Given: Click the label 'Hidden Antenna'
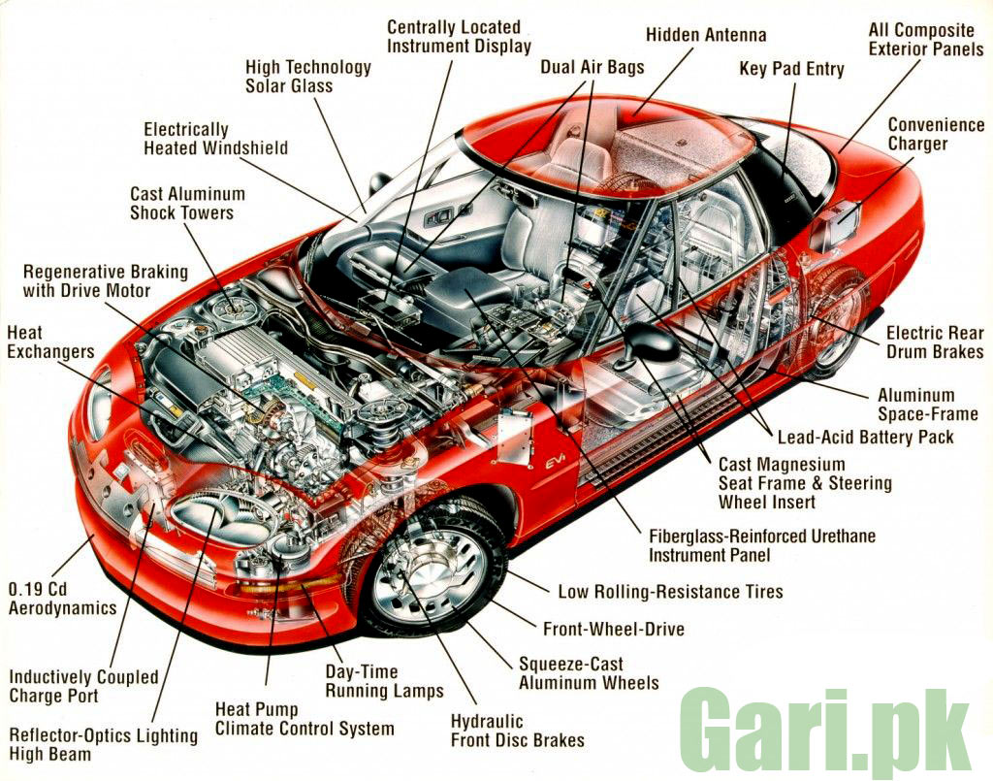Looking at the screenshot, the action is [706, 35].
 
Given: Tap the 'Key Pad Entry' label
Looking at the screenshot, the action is [791, 69].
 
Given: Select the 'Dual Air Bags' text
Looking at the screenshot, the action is [593, 67].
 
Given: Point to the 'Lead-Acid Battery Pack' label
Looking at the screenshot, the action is [865, 437].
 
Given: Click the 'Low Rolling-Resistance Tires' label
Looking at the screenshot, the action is [670, 592].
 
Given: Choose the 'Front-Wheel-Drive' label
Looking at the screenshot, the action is [614, 629].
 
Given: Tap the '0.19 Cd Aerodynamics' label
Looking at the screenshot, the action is [62, 599].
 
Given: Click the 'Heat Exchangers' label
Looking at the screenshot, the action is [50, 342].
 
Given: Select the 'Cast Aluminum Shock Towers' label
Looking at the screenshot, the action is [187, 204].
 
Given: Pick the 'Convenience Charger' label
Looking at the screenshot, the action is [936, 134].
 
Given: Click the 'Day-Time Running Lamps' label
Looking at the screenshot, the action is [384, 681].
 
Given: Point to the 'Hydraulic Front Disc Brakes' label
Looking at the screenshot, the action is [518, 731].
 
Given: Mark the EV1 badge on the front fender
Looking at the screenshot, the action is [556, 464].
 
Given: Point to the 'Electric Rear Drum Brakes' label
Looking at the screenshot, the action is [935, 342].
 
